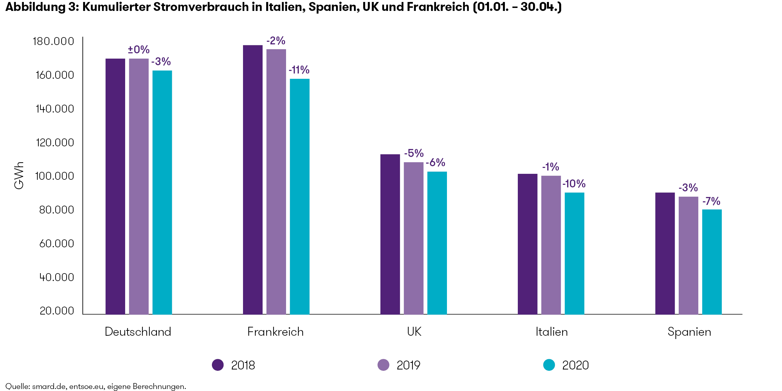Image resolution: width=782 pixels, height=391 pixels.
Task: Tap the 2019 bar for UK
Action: [x=414, y=238]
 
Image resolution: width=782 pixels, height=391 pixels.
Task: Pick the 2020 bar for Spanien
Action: [x=712, y=262]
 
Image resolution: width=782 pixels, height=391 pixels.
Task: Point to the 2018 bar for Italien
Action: [x=527, y=244]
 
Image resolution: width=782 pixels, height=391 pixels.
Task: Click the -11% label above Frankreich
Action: [x=299, y=70]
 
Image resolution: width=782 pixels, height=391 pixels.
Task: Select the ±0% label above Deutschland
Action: [x=139, y=50]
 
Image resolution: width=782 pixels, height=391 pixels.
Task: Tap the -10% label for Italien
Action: [x=574, y=184]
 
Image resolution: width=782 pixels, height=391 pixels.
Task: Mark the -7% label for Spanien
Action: [x=711, y=201]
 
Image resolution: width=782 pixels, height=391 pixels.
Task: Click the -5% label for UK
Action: [x=414, y=153]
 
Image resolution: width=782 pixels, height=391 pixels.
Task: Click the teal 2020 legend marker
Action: [x=549, y=365]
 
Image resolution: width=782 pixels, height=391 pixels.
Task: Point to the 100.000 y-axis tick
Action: [x=55, y=176]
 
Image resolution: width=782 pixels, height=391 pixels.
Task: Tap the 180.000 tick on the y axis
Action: [x=53, y=41]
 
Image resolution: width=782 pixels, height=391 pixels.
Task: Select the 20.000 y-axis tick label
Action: [x=57, y=311]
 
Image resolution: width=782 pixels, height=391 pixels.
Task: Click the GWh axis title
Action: [x=19, y=175]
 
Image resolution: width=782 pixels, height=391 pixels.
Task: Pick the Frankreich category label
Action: [x=275, y=332]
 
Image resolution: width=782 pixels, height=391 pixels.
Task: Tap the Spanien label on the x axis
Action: [x=689, y=332]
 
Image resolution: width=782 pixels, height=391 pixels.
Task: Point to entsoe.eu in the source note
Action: [x=86, y=386]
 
